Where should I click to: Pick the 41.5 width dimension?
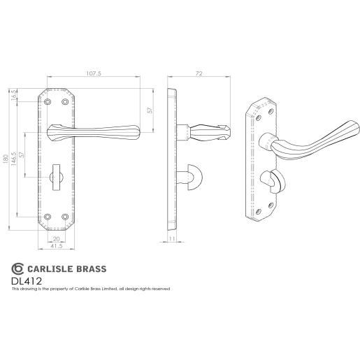57,247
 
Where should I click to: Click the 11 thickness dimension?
172,240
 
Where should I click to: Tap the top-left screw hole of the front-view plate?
48,103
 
